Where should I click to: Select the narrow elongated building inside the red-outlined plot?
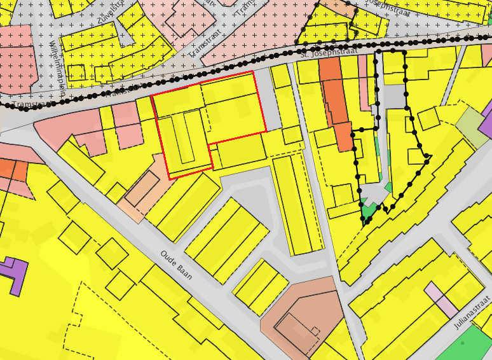click(x=184, y=137)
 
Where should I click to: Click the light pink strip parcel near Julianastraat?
click(x=442, y=300)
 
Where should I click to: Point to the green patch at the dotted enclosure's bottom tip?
click(x=368, y=209)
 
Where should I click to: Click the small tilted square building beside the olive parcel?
click(x=428, y=118)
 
